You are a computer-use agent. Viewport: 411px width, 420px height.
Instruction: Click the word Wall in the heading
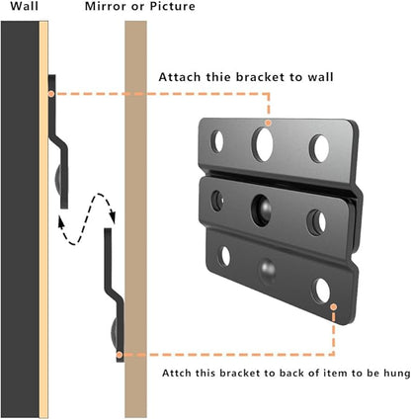pos(24,6)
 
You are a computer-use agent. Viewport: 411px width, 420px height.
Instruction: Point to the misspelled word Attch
pos(177,374)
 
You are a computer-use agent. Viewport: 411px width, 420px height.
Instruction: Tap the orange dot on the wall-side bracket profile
pos(51,94)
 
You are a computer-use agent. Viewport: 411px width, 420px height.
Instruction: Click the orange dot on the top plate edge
pos(269,123)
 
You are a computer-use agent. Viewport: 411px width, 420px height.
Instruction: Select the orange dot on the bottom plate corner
pos(334,307)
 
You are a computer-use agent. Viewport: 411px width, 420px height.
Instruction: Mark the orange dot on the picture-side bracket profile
pos(120,355)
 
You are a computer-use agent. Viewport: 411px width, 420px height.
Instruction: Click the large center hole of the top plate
pos(263,144)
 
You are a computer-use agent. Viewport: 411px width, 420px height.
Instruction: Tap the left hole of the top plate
pos(217,141)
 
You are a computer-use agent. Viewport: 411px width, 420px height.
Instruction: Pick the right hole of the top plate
pos(319,148)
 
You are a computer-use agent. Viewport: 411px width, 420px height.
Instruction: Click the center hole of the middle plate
pos(262,210)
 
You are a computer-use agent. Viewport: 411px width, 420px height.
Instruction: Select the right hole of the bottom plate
pos(321,291)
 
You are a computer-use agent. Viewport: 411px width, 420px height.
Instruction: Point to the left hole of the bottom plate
pos(225,256)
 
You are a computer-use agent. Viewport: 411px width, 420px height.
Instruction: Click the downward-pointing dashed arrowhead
pos(113,217)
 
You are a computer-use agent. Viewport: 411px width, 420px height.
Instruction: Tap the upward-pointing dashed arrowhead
pos(61,223)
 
